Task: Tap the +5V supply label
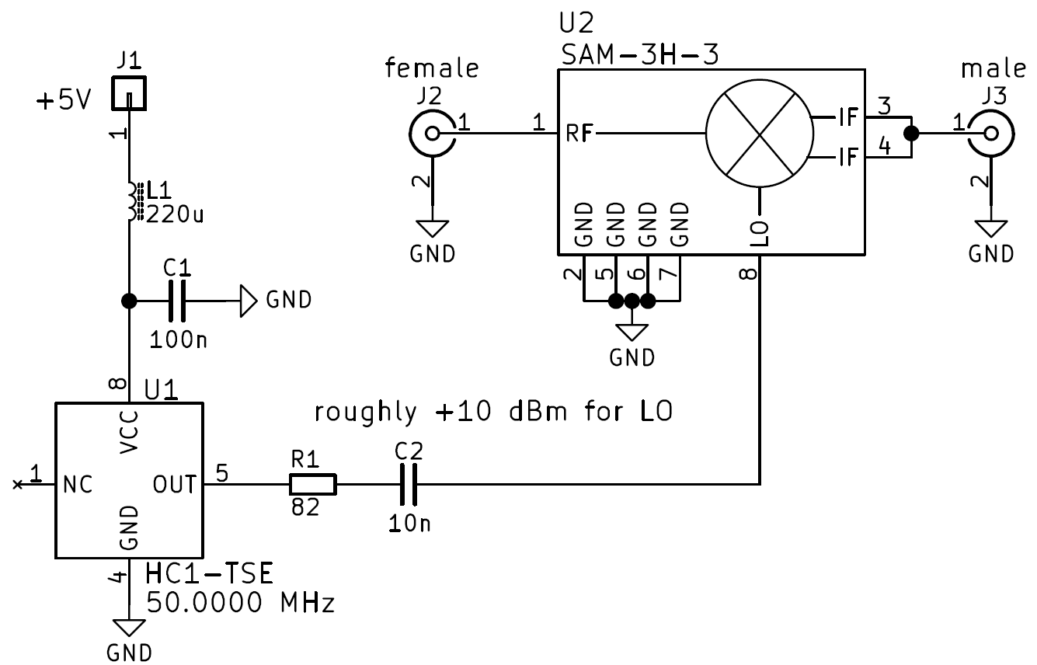(x=64, y=100)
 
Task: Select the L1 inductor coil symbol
(x=134, y=201)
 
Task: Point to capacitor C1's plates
(x=177, y=301)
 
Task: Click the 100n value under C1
(x=178, y=340)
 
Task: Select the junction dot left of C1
(x=129, y=301)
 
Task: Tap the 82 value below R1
(x=305, y=507)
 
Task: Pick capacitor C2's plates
(x=409, y=485)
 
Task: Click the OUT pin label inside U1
(x=175, y=485)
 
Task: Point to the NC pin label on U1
(x=78, y=485)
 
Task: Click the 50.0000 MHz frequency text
(x=240, y=603)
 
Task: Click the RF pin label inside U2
(x=579, y=134)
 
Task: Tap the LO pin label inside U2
(x=760, y=233)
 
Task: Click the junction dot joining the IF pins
(x=911, y=134)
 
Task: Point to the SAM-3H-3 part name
(x=640, y=54)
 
